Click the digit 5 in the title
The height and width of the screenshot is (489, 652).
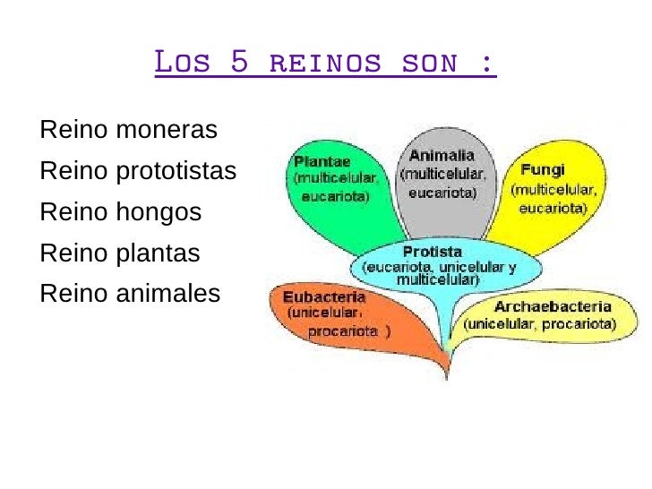[237, 64]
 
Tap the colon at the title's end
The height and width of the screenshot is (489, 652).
[487, 64]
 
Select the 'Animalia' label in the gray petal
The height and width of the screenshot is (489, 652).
[442, 156]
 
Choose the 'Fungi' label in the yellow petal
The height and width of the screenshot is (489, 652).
[541, 169]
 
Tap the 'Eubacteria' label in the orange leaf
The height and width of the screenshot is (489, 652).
[324, 296]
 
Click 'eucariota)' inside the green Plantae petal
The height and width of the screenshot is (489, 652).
[336, 195]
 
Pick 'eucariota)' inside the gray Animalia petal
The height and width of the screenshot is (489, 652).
[442, 192]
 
